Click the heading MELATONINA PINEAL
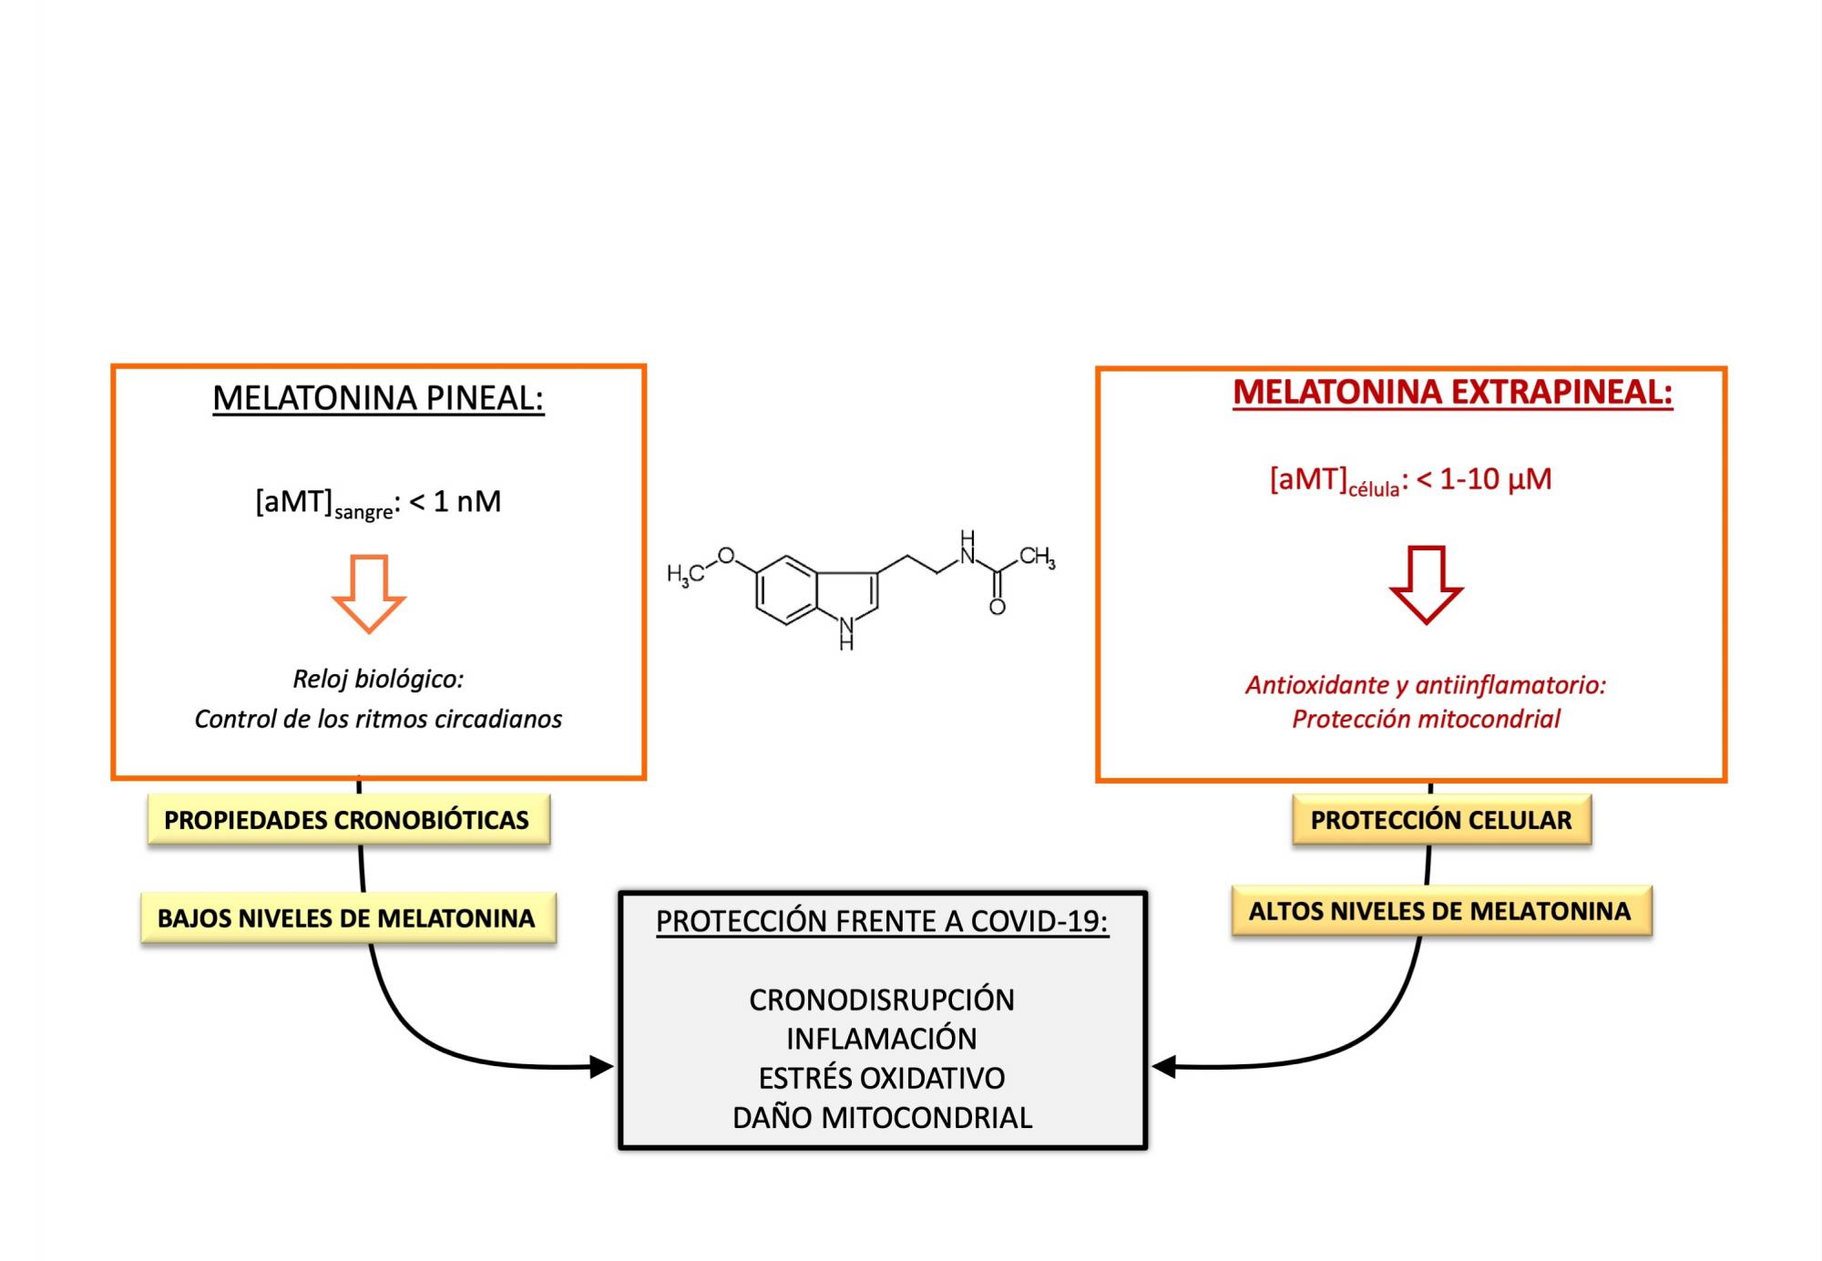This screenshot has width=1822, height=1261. (378, 398)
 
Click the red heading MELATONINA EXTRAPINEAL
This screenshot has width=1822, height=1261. (1452, 392)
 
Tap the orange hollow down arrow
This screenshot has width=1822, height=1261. (369, 593)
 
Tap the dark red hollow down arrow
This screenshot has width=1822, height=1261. (1426, 584)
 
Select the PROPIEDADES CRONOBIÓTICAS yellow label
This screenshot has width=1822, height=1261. (347, 820)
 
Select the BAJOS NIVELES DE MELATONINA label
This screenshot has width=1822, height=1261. (346, 918)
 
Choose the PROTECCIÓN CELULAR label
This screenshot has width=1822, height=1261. (1441, 820)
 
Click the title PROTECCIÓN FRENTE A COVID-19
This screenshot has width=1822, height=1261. (882, 921)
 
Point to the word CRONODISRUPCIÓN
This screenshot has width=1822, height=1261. (882, 1000)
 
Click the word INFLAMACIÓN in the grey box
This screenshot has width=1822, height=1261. (882, 1039)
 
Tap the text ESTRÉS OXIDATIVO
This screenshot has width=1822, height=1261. (882, 1078)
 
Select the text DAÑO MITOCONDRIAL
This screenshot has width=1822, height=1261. (882, 1117)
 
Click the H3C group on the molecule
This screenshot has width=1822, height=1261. (685, 574)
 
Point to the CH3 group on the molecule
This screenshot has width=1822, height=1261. (1037, 556)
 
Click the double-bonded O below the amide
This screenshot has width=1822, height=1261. (998, 607)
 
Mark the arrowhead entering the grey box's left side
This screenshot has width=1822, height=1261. (602, 1066)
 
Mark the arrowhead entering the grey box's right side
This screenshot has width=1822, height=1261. (1163, 1066)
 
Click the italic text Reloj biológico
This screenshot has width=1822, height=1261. (378, 679)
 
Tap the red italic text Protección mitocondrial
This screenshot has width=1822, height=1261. (1426, 719)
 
